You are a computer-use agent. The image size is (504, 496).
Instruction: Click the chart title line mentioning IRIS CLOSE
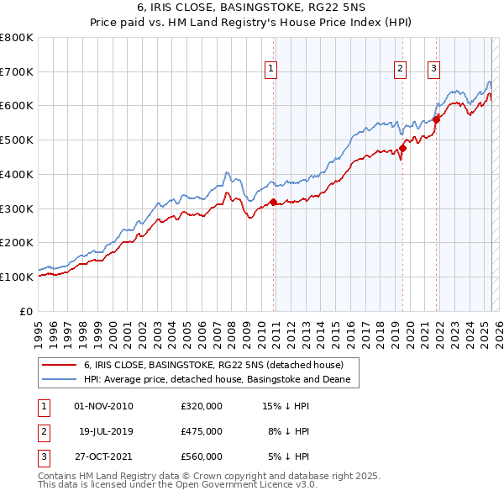point(251,8)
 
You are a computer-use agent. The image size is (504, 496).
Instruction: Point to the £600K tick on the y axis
point(17,106)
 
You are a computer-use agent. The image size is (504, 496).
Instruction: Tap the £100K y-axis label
point(17,277)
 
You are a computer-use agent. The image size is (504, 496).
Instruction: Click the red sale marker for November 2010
point(274,202)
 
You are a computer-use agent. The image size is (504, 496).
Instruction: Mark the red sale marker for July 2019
point(403,149)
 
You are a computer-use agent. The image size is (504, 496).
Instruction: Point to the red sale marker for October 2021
point(437,119)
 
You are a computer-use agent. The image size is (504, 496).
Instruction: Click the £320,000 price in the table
point(202,406)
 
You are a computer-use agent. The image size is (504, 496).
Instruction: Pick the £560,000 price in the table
point(202,456)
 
